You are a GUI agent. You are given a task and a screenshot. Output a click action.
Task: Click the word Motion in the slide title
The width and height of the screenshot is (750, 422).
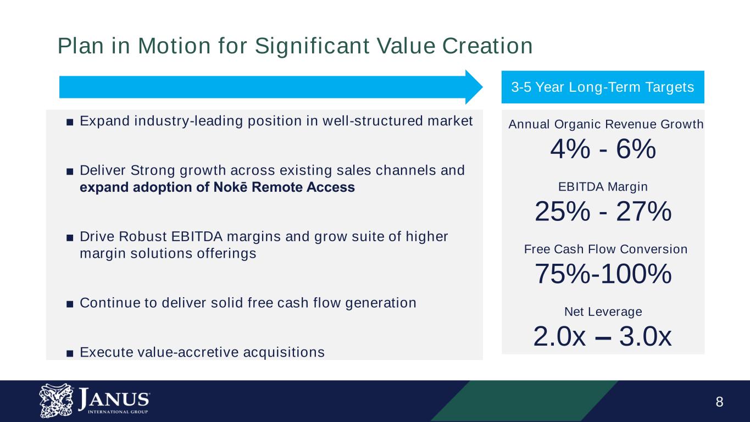174,46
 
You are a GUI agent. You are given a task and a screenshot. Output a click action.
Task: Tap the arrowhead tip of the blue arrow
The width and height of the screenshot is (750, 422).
482,87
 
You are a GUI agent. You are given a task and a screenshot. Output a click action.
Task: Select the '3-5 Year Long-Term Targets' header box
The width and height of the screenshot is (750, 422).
603,87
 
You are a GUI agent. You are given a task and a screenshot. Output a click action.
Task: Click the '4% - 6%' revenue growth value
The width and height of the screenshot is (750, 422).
603,149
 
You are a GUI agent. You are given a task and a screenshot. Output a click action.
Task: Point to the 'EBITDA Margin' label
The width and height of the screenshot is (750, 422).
603,187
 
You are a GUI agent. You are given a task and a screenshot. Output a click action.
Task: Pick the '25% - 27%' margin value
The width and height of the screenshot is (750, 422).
603,212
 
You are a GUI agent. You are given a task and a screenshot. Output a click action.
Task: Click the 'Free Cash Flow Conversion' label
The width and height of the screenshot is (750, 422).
605,249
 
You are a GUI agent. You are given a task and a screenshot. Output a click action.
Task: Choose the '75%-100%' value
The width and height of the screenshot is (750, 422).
603,274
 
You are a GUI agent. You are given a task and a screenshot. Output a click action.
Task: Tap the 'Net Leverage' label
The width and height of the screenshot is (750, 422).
603,312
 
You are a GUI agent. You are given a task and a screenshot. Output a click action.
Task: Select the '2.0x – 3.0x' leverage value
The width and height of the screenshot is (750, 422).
602,336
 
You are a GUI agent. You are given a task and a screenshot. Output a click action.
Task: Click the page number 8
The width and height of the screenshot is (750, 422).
719,402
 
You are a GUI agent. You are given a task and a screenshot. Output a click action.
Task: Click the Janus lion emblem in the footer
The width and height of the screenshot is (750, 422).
56,401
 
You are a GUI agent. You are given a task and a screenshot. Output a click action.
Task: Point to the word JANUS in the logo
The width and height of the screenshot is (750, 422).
114,398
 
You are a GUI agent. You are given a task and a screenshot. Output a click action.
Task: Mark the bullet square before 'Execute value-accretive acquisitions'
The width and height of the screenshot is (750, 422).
70,353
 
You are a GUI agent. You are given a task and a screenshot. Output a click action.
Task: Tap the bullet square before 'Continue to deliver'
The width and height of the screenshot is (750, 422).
70,304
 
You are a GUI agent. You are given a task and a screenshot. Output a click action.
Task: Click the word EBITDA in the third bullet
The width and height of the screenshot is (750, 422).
197,237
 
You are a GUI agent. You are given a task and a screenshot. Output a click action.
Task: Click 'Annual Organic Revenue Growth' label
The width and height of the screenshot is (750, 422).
605,124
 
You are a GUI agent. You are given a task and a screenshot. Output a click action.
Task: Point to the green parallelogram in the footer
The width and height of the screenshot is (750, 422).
524,401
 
